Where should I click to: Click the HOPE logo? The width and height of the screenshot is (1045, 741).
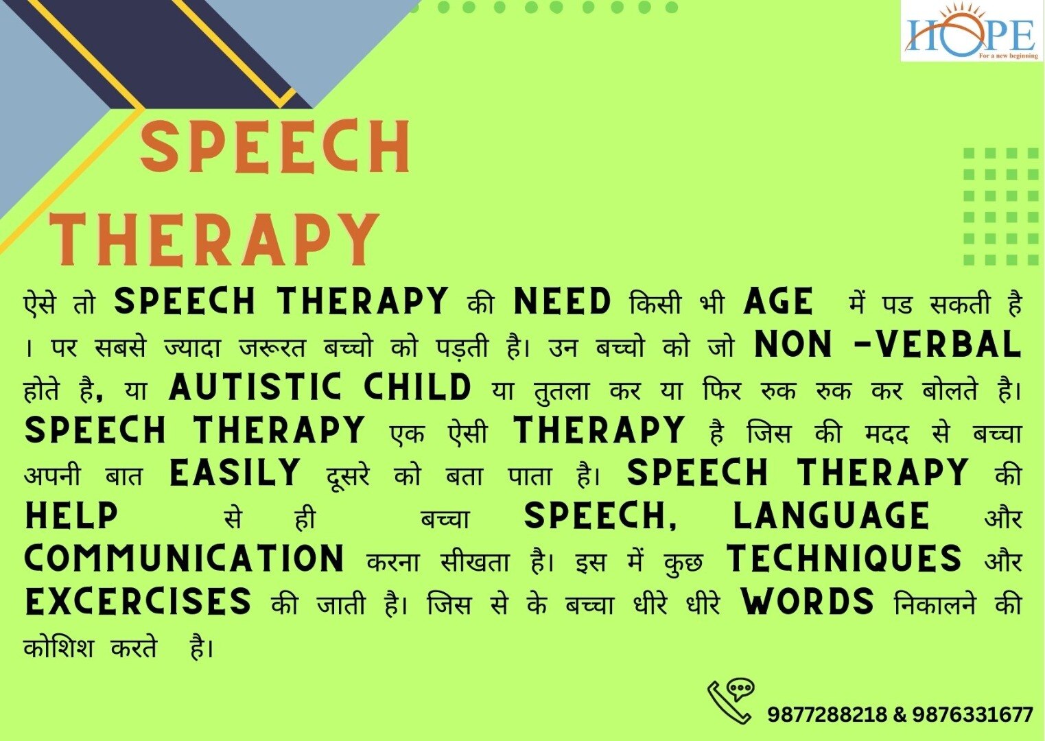(972, 31)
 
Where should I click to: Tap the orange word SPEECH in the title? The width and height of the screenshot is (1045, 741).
(275, 147)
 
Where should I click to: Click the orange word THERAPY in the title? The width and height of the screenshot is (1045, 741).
(214, 239)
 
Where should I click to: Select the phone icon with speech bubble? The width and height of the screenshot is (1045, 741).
(731, 701)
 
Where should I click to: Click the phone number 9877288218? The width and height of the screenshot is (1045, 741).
(827, 714)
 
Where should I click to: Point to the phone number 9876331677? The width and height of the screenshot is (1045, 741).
(973, 714)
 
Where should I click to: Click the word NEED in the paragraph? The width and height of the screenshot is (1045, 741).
(562, 301)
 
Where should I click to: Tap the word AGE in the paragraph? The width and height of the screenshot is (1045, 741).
(778, 301)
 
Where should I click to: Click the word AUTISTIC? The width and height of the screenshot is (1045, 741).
(255, 387)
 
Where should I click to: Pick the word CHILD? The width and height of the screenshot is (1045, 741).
(418, 387)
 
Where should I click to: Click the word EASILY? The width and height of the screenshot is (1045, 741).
(235, 472)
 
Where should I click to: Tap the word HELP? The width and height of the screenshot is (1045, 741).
(71, 515)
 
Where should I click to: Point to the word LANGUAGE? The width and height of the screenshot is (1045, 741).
(832, 515)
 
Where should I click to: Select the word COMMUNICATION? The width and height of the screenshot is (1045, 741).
(185, 558)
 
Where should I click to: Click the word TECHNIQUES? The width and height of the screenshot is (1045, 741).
(844, 558)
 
